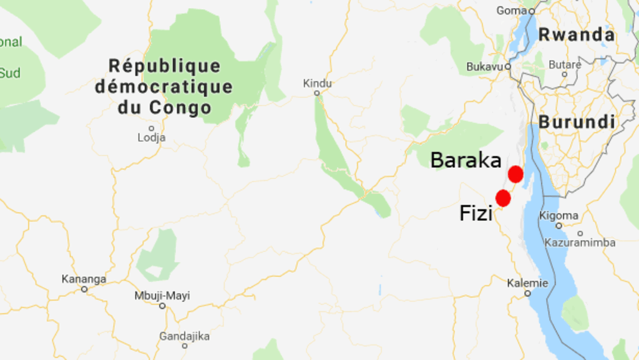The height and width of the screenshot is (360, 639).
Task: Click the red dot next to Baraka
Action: point(515,175)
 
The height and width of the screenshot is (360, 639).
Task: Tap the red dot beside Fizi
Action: point(503,198)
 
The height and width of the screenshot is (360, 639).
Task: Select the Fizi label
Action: point(476,213)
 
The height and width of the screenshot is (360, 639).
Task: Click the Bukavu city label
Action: point(484,67)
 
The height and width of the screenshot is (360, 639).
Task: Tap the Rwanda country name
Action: point(576,35)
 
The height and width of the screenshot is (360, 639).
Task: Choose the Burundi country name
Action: point(577,122)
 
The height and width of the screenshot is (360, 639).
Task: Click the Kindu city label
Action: point(318,83)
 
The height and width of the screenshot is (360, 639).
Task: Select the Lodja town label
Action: point(152,137)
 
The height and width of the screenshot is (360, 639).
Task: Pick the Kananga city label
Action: point(84,279)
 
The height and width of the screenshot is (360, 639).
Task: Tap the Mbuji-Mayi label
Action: point(162,296)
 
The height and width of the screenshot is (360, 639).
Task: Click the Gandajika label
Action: point(185,336)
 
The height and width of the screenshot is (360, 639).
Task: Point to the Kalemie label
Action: point(527,283)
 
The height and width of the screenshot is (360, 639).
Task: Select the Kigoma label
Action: point(559,215)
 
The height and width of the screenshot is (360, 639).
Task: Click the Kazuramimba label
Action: point(580,242)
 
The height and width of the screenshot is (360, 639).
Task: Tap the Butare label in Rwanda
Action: point(565,64)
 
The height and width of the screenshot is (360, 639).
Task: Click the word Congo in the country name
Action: point(180,107)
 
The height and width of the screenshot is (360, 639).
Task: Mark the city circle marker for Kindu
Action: point(317,93)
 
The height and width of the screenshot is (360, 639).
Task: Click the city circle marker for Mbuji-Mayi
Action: point(162,306)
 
